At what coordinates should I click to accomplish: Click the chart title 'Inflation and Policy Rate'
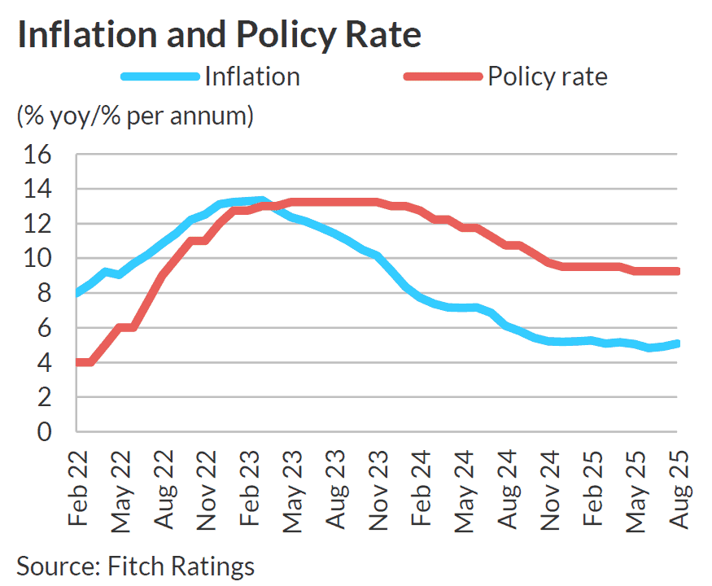click(219, 35)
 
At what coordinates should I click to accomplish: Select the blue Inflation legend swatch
click(159, 77)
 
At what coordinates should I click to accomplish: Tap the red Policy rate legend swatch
click(443, 77)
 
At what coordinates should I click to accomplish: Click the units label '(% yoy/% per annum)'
click(135, 116)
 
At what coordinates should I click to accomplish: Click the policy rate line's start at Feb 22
click(77, 362)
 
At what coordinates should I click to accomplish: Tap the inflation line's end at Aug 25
click(678, 343)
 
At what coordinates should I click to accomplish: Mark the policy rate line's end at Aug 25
click(678, 271)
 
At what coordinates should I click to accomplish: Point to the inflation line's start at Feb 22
click(77, 293)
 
